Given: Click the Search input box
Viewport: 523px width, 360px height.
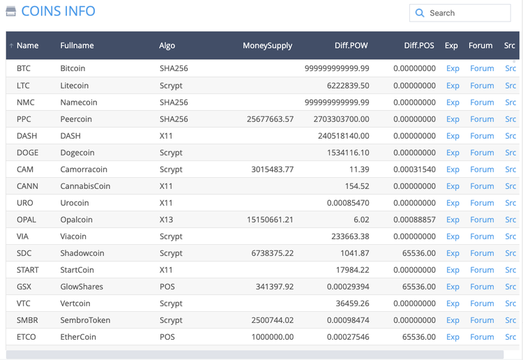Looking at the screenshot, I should [467, 13].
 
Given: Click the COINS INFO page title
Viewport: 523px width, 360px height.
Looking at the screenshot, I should [58, 11].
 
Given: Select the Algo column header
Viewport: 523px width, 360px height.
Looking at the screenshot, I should [167, 45].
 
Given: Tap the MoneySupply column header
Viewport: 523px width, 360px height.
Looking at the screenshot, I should [267, 45].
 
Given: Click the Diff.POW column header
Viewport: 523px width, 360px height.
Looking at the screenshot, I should [351, 45].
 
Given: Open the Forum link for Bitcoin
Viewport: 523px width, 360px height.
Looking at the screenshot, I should [482, 68].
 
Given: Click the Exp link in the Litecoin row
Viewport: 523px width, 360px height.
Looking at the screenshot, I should [453, 85].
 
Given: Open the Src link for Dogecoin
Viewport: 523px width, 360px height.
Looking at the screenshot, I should [510, 152].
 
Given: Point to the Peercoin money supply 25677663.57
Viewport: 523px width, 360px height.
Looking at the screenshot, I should [270, 119].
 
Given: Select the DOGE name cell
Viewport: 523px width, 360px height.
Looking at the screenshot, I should [27, 152].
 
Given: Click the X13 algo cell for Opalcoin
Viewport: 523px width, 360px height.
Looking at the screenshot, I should [166, 219].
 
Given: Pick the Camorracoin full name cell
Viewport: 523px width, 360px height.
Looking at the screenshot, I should [84, 169].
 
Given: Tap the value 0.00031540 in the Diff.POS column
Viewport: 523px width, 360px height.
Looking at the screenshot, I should [414, 169].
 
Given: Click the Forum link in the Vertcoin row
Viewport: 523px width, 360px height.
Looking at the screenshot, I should [482, 303].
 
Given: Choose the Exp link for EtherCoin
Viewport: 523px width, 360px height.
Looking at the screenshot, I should [453, 336].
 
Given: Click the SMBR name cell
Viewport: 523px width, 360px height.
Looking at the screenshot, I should [28, 320].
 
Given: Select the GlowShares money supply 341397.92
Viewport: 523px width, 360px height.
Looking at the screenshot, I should [275, 286].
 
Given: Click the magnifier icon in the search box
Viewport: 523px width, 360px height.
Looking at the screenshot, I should [420, 13].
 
